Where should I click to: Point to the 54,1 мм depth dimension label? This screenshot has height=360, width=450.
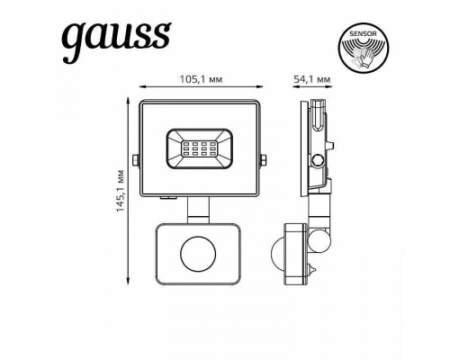(312, 80)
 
